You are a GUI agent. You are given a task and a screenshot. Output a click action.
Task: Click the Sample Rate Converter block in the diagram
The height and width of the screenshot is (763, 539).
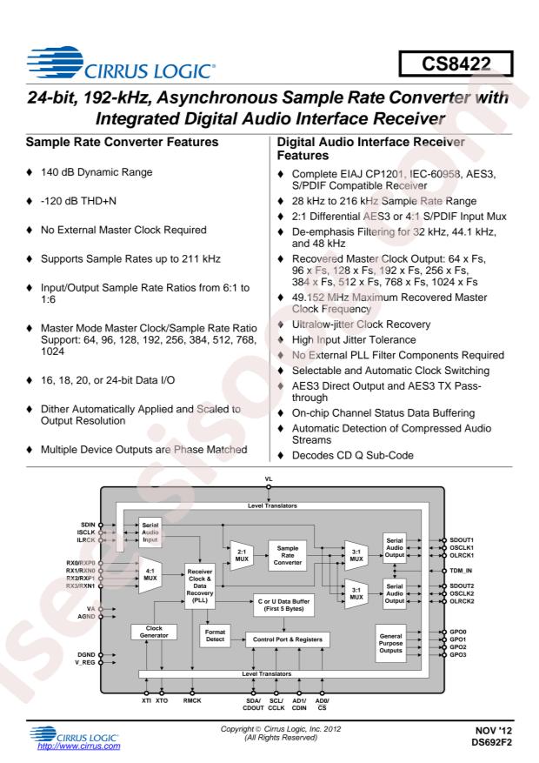[x=288, y=555]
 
